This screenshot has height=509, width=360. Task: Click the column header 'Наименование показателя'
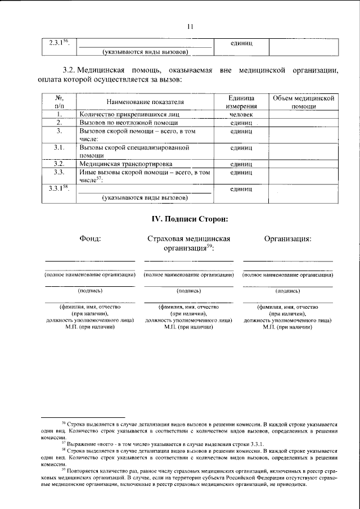144,102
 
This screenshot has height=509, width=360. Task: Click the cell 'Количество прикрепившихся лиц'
127,114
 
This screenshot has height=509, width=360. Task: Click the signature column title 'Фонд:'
90,238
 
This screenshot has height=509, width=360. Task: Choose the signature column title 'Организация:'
287,238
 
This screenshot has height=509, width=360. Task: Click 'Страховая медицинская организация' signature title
189,243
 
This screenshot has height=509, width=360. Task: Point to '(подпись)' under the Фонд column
90,291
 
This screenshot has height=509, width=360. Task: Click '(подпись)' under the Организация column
287,291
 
